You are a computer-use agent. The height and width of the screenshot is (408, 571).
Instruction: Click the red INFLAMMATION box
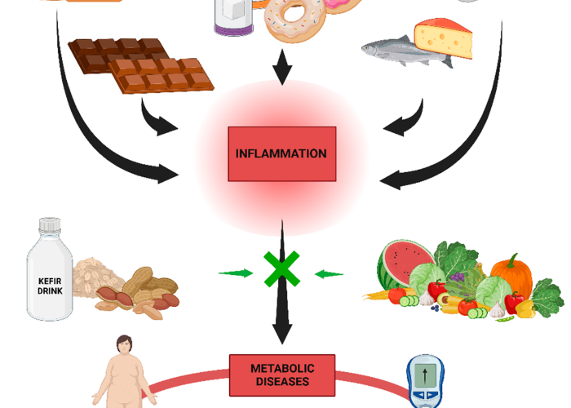click(281, 153)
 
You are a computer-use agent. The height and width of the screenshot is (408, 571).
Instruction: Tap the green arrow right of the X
click(328, 273)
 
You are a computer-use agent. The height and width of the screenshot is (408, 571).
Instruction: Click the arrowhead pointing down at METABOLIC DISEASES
click(282, 333)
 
